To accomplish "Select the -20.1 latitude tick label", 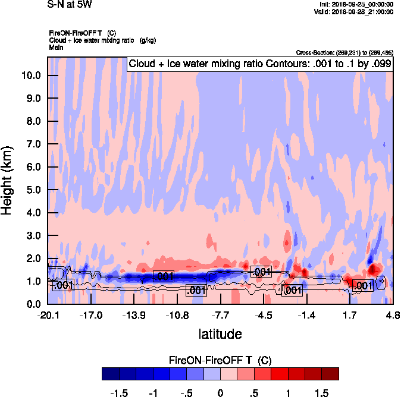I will pos(48,316).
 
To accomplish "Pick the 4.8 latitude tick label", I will pos(391,316).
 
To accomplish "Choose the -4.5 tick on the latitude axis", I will pos(264,316).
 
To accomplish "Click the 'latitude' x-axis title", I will pos(220,334).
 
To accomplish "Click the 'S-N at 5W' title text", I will pos(69,4).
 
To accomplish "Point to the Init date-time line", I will pos(356,5).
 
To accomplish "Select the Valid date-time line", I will pos(355,11).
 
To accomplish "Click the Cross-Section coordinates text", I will pos(344,53).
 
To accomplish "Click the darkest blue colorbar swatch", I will pos(111,374).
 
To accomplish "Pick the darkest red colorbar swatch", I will pos(330,374).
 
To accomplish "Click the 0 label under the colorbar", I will pos(220,392).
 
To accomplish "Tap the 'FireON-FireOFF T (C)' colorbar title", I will pos(220,360).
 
